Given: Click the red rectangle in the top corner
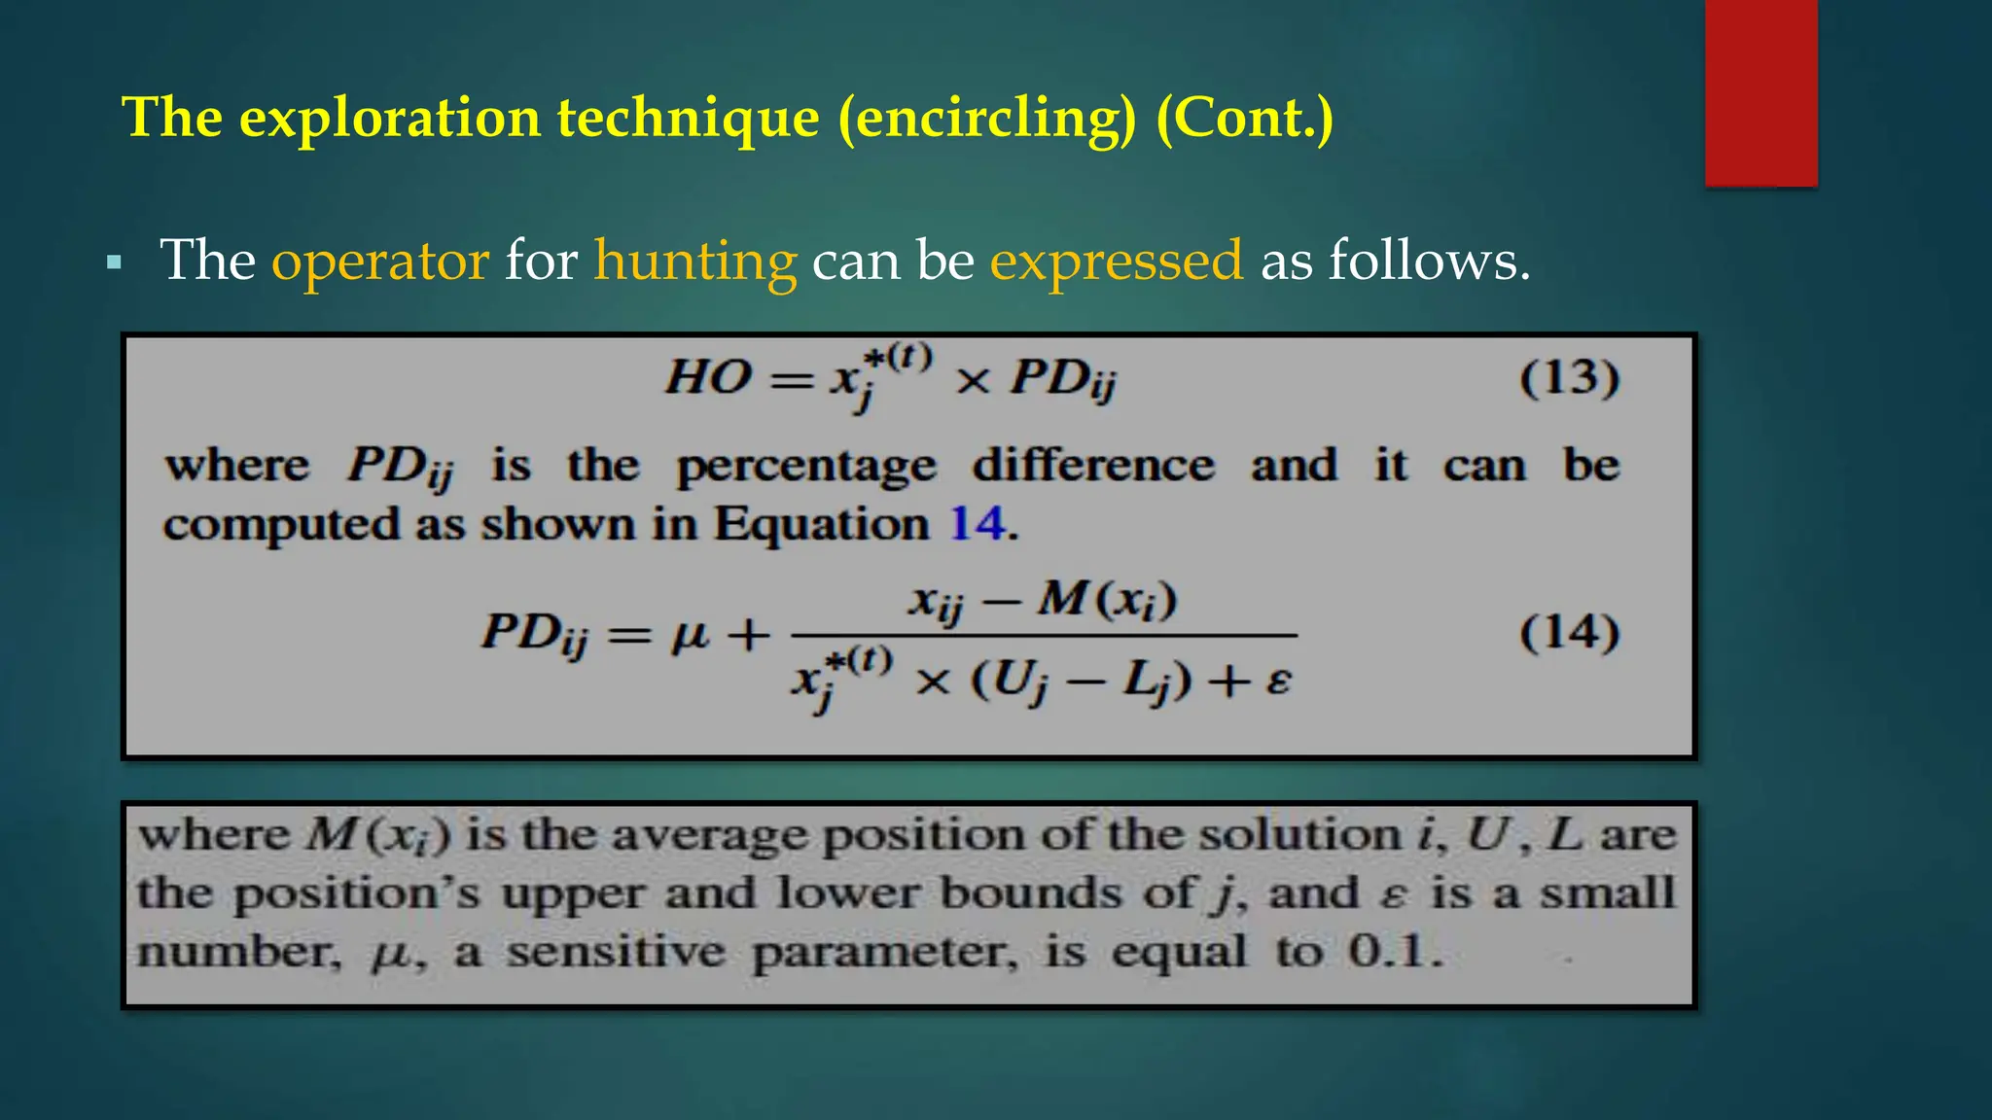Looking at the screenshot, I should pyautogui.click(x=1761, y=92).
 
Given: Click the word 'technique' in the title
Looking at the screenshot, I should pyautogui.click(x=688, y=118).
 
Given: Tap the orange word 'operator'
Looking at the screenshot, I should pyautogui.click(x=379, y=261).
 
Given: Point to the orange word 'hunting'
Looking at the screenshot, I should pyautogui.click(x=695, y=261).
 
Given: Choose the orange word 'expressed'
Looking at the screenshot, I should pyautogui.click(x=1117, y=261).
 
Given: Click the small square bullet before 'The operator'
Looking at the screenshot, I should pyautogui.click(x=115, y=262).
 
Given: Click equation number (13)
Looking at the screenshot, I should pyautogui.click(x=1569, y=377).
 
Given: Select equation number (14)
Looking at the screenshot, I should pyautogui.click(x=1569, y=632).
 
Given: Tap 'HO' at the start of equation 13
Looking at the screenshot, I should pyautogui.click(x=708, y=377).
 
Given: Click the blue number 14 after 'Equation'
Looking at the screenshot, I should pyautogui.click(x=977, y=524).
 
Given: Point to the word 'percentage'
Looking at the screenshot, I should pyautogui.click(x=806, y=466).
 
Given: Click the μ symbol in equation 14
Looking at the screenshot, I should pyautogui.click(x=691, y=634).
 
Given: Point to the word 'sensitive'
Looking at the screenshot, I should pyautogui.click(x=616, y=951).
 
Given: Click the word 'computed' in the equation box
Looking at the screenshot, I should pyautogui.click(x=281, y=525).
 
